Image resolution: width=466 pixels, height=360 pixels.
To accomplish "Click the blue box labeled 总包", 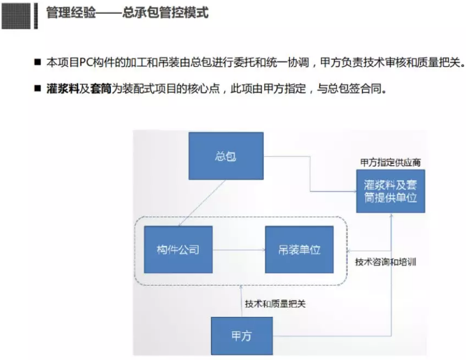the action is [226, 156].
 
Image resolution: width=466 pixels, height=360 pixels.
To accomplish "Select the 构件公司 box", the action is [178, 249].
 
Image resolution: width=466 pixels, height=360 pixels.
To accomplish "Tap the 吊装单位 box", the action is [300, 249].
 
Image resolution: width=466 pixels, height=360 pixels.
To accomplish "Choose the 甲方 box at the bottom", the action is [242, 336].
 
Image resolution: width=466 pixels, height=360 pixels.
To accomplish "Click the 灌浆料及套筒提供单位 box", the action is [391, 191].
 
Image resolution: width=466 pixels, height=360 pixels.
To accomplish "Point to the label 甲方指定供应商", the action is [391, 162].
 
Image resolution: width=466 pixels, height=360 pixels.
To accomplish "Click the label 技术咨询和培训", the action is [385, 262].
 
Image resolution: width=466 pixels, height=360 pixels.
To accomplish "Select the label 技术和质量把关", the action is [275, 304].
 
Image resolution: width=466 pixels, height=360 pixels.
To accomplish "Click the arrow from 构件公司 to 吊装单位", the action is [239, 250].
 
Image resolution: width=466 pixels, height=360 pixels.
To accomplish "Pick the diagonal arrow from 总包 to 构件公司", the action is [201, 203].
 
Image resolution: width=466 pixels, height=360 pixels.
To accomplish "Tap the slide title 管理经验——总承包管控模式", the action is [127, 13].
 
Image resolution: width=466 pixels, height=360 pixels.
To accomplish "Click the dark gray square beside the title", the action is [16, 16].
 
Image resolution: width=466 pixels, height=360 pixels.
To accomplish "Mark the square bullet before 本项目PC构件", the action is [38, 62].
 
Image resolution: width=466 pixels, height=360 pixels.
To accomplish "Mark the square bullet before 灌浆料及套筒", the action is [38, 88].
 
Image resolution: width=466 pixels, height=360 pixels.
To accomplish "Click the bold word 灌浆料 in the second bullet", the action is [63, 88].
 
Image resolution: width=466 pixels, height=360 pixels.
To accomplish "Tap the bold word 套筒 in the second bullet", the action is [101, 88].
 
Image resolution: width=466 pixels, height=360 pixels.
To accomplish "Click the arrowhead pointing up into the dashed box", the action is [241, 287].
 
